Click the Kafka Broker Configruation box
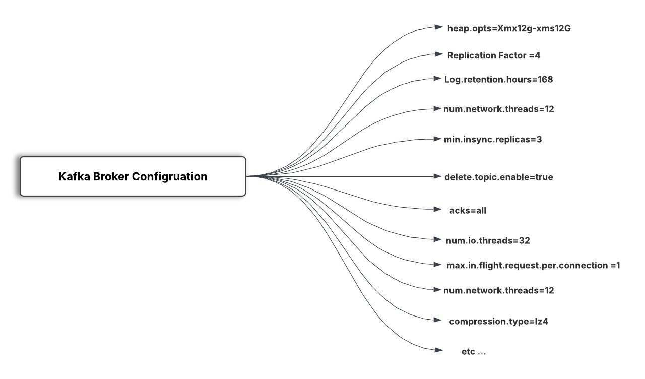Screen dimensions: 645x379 133,176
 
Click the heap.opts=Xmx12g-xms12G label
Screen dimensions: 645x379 509,29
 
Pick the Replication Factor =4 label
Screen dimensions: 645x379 494,55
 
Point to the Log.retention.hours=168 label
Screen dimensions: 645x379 499,80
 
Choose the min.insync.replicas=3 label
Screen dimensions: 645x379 493,140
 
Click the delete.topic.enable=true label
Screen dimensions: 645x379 499,177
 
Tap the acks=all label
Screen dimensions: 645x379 468,211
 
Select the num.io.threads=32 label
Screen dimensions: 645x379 488,240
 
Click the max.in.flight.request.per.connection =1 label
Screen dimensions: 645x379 533,265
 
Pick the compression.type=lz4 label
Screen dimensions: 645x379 499,321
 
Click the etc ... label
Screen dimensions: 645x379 474,352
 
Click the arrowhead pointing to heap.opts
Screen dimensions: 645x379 438,27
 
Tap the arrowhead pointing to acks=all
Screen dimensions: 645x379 437,209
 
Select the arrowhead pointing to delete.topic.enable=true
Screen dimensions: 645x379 437,176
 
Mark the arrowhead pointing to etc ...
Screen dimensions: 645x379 438,350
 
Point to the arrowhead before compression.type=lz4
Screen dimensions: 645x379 437,320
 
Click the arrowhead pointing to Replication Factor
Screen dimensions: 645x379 438,54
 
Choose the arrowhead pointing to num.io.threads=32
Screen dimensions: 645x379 437,239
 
